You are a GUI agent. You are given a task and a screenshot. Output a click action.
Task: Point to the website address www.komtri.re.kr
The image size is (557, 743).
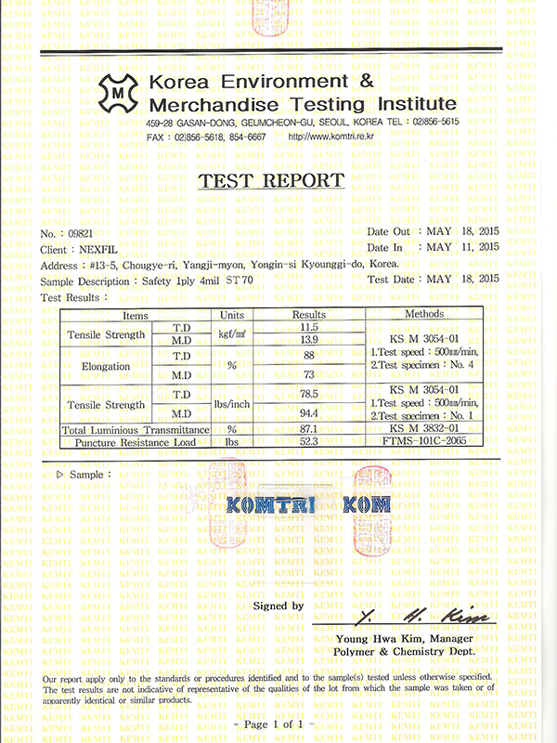click(x=330, y=137)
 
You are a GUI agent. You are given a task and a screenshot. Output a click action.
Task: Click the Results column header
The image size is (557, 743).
click(x=309, y=315)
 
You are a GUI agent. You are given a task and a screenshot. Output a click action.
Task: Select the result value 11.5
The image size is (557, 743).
click(x=309, y=327)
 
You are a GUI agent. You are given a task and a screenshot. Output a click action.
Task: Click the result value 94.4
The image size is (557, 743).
click(x=309, y=413)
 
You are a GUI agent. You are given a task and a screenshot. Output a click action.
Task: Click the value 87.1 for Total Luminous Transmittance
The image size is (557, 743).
click(x=309, y=429)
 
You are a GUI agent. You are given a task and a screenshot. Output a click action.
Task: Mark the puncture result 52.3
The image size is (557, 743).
click(x=309, y=443)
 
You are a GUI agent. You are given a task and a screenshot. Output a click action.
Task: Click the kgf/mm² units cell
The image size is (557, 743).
click(x=231, y=332)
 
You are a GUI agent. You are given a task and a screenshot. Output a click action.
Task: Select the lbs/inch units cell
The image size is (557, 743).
click(x=231, y=405)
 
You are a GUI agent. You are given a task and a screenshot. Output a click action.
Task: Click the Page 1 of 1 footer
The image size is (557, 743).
click(x=278, y=722)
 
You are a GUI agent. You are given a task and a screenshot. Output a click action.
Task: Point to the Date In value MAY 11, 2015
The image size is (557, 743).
click(x=461, y=247)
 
